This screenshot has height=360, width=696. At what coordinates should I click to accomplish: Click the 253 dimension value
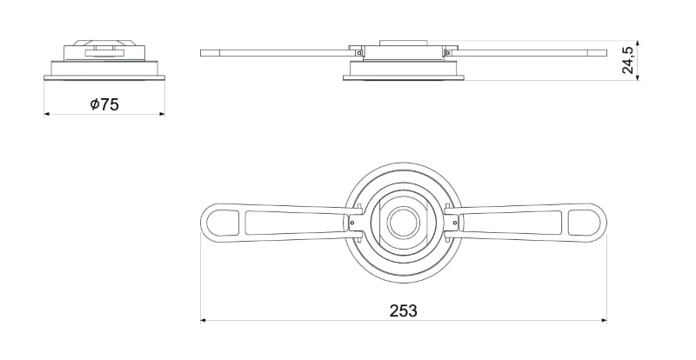click(403, 310)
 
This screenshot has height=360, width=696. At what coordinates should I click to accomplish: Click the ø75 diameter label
click(104, 104)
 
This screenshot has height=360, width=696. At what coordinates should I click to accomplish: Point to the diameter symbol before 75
click(94, 104)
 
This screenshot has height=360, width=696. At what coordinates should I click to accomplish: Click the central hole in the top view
click(403, 222)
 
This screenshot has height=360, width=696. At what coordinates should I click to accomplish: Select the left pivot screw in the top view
click(351, 223)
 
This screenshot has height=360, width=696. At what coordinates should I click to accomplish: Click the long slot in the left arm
click(287, 223)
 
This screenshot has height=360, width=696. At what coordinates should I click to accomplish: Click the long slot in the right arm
click(519, 223)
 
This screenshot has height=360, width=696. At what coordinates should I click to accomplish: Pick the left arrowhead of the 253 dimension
click(204, 320)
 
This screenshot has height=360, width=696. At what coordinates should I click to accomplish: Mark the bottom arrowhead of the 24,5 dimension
click(638, 77)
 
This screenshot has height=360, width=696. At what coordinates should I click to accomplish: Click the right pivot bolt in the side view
click(446, 52)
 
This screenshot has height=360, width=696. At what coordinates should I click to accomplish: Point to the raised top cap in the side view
click(403, 43)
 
